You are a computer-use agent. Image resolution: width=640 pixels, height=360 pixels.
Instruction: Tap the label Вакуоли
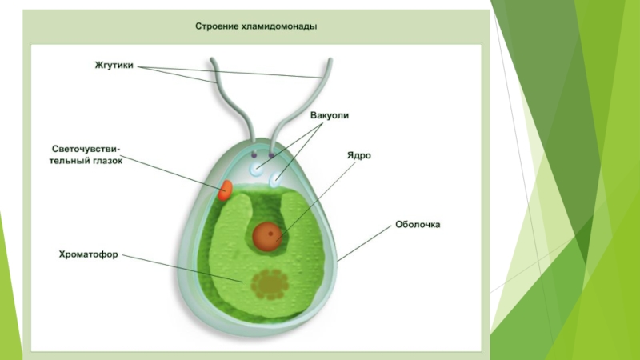[329, 115]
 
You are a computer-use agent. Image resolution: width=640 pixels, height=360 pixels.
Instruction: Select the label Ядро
[358, 154]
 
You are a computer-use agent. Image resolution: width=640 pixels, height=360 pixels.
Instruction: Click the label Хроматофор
[88, 255]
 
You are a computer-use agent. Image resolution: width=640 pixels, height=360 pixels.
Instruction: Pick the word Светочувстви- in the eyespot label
[86, 149]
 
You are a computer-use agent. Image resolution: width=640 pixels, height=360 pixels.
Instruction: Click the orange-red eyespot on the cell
[226, 190]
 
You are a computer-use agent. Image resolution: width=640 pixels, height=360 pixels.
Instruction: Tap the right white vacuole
[277, 181]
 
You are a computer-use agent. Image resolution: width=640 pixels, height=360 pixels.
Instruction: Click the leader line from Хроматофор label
[184, 269]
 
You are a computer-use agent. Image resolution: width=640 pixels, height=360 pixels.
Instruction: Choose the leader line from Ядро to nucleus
[312, 196]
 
